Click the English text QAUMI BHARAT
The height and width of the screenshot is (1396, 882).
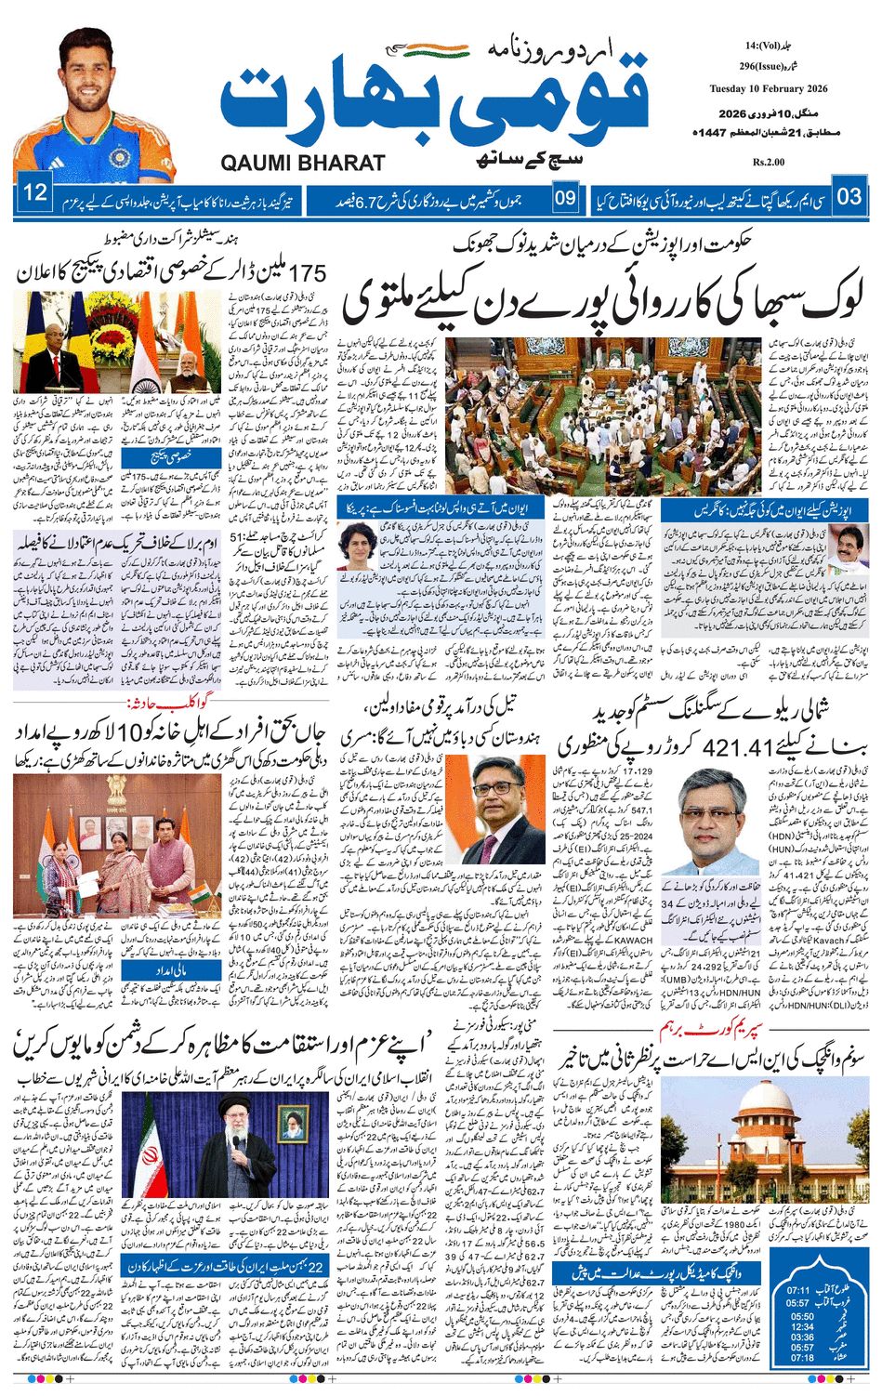point(303,163)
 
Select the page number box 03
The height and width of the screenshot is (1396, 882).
point(849,196)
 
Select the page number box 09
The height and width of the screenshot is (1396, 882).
point(565,197)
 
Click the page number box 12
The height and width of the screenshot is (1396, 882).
point(34,194)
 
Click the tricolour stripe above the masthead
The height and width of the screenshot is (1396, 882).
point(437,48)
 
